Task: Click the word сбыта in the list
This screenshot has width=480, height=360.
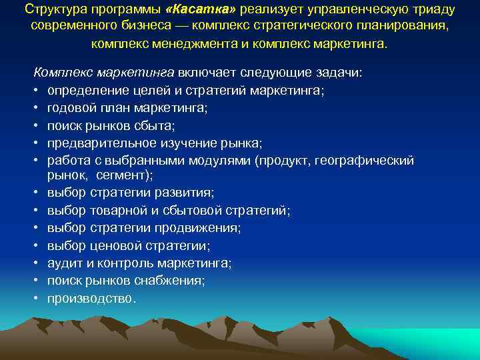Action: click(x=160, y=125)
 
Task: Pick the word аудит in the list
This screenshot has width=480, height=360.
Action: click(x=63, y=263)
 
